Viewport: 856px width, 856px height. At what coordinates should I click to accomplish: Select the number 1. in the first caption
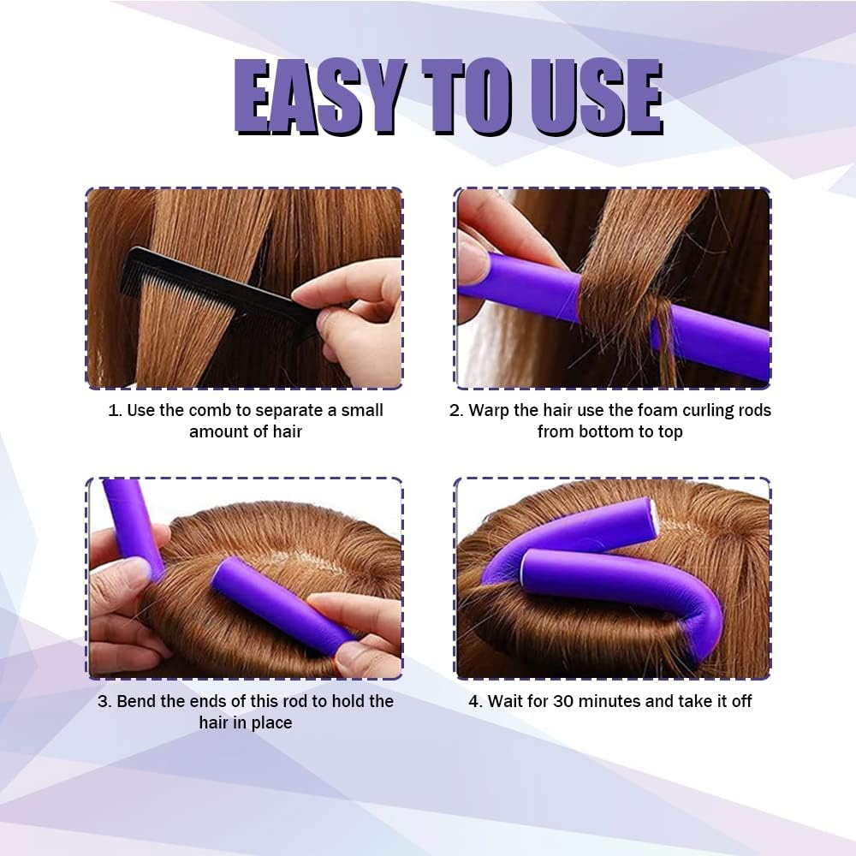click(116, 410)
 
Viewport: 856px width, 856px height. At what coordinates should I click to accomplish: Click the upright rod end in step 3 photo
click(133, 522)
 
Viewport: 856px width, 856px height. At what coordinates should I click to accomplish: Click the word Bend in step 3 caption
click(135, 701)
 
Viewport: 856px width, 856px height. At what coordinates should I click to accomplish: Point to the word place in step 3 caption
click(271, 722)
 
